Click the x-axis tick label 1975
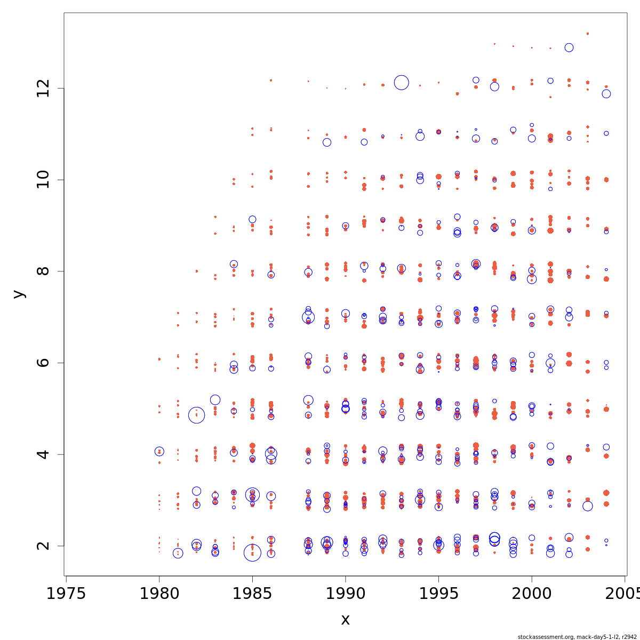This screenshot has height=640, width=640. coord(66,594)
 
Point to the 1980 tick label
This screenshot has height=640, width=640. coord(159,594)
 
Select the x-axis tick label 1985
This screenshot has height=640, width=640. coord(252,594)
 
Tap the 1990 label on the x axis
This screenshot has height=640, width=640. coord(346,594)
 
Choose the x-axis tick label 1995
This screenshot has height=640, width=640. coord(438,594)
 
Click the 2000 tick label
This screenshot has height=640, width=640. coord(532,594)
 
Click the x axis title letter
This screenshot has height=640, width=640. coord(345,620)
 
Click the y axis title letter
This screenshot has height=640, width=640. coord(19,294)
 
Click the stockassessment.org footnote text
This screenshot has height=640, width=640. coord(577,637)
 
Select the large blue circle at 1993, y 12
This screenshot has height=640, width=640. coord(402,83)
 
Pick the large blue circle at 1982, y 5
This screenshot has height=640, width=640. coord(197,415)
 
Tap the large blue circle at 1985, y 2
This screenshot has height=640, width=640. coord(252,553)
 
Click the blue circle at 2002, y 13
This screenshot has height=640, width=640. coord(569,47)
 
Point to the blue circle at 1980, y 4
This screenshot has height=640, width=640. coord(159,451)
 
